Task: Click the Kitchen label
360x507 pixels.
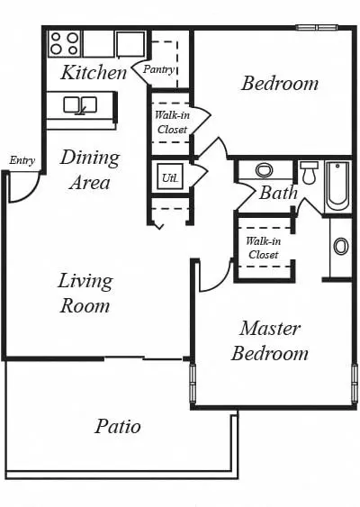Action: pyautogui.click(x=94, y=72)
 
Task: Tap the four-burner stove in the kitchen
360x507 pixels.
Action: pyautogui.click(x=65, y=43)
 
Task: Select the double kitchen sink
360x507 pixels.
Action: pyautogui.click(x=80, y=104)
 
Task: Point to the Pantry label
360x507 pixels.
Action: pyautogui.click(x=159, y=69)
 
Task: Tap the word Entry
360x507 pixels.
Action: pyautogui.click(x=22, y=160)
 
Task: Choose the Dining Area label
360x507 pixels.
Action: pyautogui.click(x=90, y=170)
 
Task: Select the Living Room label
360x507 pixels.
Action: pyautogui.click(x=85, y=293)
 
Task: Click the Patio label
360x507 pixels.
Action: pyautogui.click(x=118, y=427)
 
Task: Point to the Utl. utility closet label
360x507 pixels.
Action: pyautogui.click(x=170, y=178)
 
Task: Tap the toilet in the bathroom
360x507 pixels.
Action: pyautogui.click(x=310, y=173)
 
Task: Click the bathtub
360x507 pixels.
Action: pyautogui.click(x=337, y=186)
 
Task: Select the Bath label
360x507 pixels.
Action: pyautogui.click(x=278, y=193)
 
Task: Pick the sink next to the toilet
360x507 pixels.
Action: pyautogui.click(x=264, y=170)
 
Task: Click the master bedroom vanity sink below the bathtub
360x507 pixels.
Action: pyautogui.click(x=341, y=247)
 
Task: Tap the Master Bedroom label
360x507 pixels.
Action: pyautogui.click(x=270, y=340)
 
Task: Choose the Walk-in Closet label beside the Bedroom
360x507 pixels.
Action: pyautogui.click(x=172, y=122)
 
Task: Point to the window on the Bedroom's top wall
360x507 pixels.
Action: pyautogui.click(x=317, y=28)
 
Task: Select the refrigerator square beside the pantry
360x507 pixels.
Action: pyautogui.click(x=130, y=44)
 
